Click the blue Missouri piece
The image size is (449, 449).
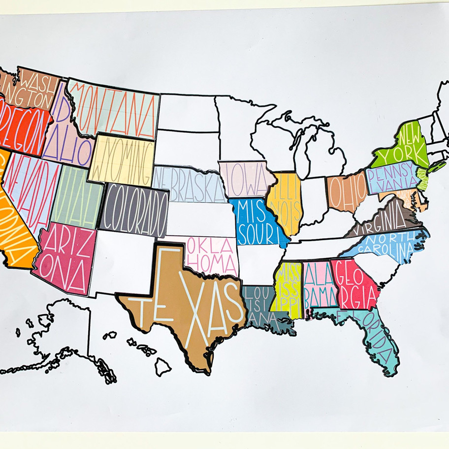[x=256, y=222]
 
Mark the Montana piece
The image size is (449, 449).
[x=116, y=108]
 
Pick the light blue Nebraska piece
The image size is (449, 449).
[x=185, y=182]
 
